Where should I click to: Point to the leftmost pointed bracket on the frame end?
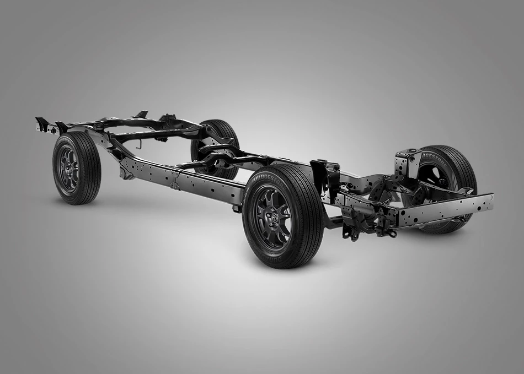coord(40,122)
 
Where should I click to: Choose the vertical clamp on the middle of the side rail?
coord(175,180)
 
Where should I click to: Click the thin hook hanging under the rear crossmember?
coord(138,144)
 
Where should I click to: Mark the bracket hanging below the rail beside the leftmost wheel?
coord(125,172)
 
